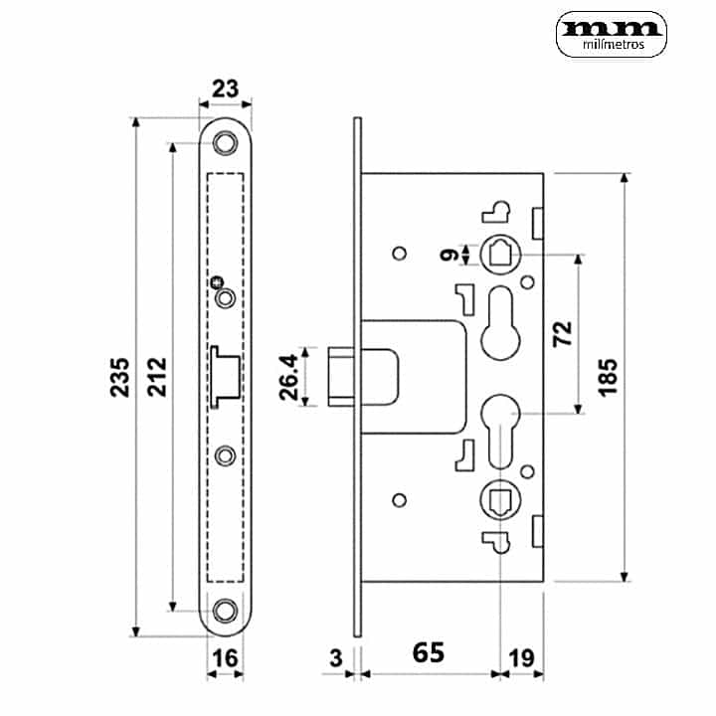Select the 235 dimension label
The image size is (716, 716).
120,375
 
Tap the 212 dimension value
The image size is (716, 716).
156,375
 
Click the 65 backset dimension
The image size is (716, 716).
428,653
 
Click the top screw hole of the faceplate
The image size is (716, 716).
227,144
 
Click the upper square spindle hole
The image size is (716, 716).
500,254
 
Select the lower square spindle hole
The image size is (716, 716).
500,497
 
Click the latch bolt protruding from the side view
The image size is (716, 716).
341,375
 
